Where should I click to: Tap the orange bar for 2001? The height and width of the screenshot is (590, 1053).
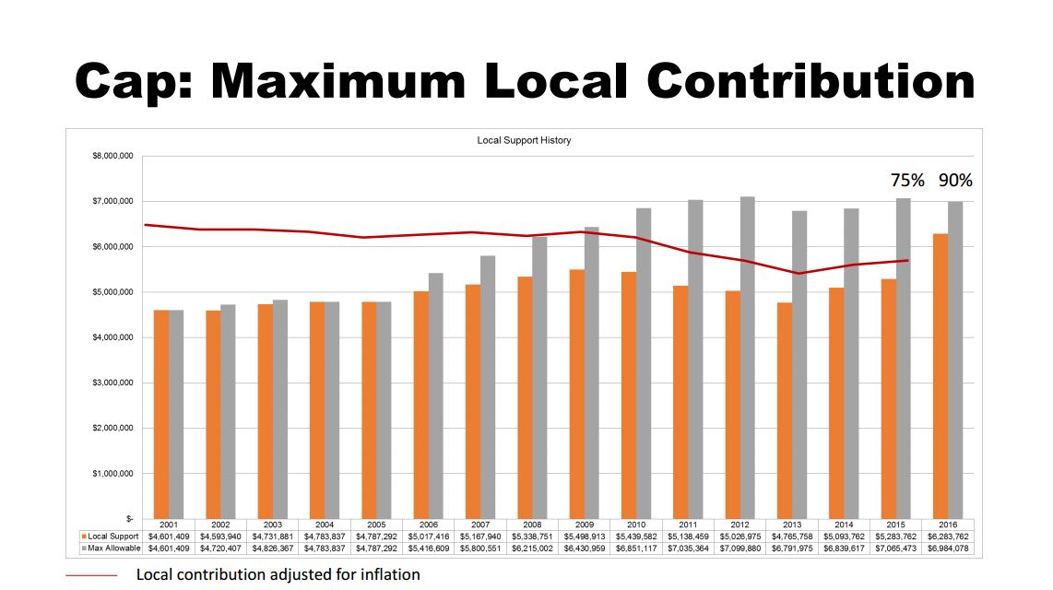click(161, 414)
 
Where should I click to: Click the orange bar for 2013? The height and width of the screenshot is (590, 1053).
click(785, 410)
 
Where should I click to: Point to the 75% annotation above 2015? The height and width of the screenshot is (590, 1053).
click(907, 181)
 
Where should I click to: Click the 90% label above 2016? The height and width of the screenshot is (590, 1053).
click(955, 181)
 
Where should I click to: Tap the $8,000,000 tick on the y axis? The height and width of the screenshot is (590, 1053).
click(114, 156)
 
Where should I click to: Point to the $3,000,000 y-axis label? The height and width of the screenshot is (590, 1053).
click(114, 383)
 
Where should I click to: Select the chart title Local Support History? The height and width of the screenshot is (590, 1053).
click(524, 140)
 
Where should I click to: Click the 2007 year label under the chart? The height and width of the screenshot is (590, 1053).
click(480, 525)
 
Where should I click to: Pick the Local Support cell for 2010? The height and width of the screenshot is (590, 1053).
click(636, 536)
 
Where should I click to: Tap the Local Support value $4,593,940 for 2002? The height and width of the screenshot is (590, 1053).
click(220, 536)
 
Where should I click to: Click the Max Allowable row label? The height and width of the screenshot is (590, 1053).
click(114, 548)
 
